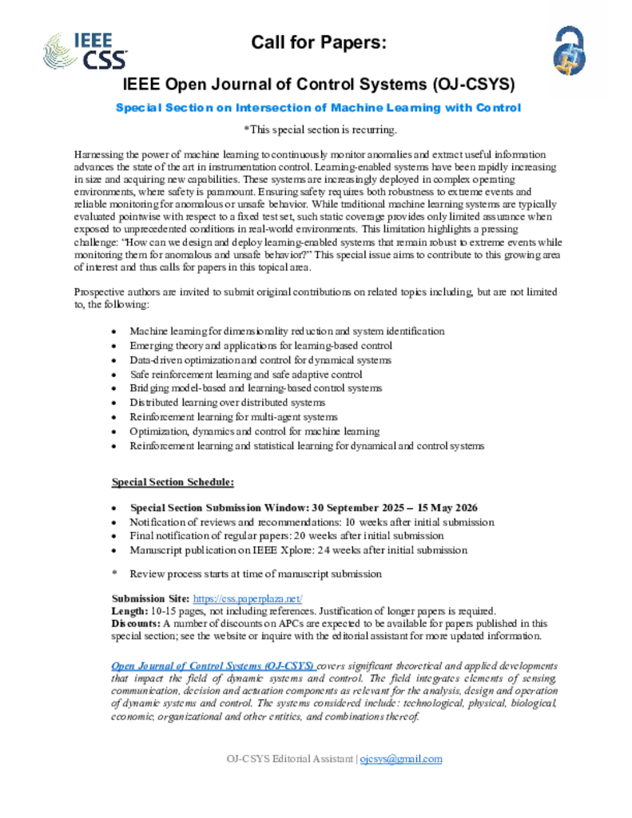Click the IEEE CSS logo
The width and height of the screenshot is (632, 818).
click(x=78, y=49)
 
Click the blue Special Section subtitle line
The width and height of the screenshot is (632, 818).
click(x=318, y=107)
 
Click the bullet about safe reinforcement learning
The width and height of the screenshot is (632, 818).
click(x=246, y=374)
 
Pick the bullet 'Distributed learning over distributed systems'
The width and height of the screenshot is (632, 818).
click(x=228, y=403)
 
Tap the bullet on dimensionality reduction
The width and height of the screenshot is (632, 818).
click(x=287, y=331)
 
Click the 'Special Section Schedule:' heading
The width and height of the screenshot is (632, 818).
click(x=173, y=482)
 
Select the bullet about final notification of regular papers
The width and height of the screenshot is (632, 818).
click(x=287, y=536)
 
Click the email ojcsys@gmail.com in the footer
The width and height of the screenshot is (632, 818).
click(x=401, y=759)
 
